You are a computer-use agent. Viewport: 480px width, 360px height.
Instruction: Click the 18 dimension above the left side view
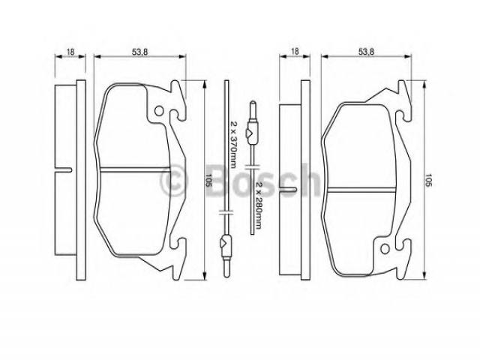pyautogui.click(x=70, y=52)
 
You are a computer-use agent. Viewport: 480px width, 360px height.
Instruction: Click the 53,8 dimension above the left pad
pyautogui.click(x=140, y=52)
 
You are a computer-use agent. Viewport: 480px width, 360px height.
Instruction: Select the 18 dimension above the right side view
pyautogui.click(x=295, y=52)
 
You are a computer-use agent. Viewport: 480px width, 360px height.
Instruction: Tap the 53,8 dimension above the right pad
pyautogui.click(x=366, y=52)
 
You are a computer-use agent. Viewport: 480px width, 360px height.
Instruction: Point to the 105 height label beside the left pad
pyautogui.click(x=208, y=180)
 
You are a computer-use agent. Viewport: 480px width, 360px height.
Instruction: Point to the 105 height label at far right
pyautogui.click(x=428, y=180)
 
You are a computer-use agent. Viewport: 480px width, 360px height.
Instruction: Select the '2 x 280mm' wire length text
pyautogui.click(x=259, y=205)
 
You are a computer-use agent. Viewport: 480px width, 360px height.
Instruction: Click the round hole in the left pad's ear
pyautogui.click(x=159, y=111)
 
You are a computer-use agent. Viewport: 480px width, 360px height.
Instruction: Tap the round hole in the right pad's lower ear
pyautogui.click(x=385, y=249)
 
